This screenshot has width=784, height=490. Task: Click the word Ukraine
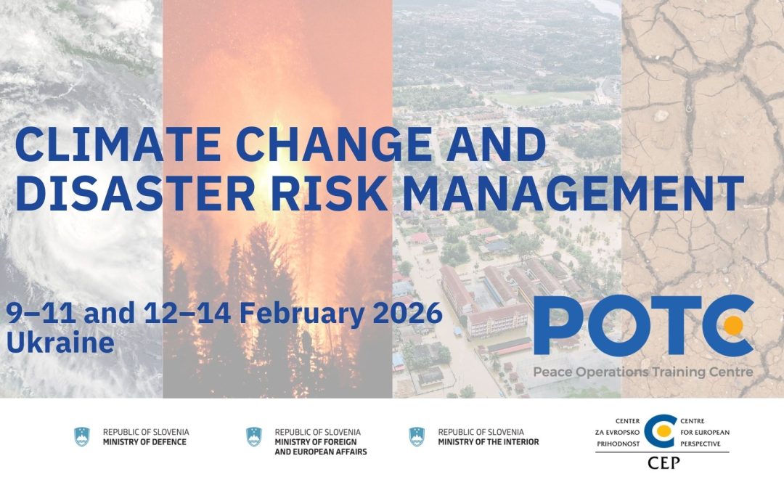pos(60,343)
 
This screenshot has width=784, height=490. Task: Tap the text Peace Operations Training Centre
pos(643,372)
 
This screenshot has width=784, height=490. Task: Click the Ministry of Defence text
pos(145,436)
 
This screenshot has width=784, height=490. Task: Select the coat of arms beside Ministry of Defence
pos(82,436)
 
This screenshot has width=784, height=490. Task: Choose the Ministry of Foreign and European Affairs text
pos(320,441)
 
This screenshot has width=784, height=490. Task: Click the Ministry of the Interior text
pos(489,436)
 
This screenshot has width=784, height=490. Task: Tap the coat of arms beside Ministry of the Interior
pos(417,436)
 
